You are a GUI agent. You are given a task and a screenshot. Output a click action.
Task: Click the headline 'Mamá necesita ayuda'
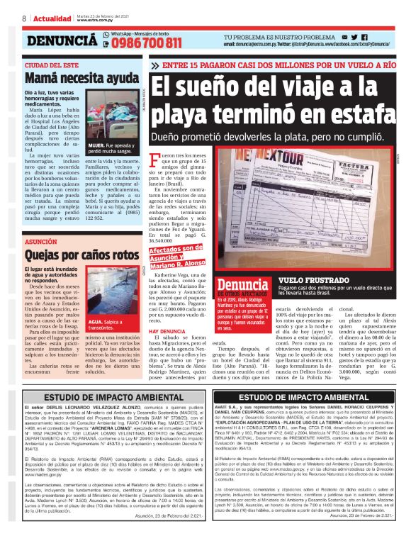click(x=72, y=77)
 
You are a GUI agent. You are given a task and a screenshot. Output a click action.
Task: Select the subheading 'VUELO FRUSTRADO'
click(x=313, y=281)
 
